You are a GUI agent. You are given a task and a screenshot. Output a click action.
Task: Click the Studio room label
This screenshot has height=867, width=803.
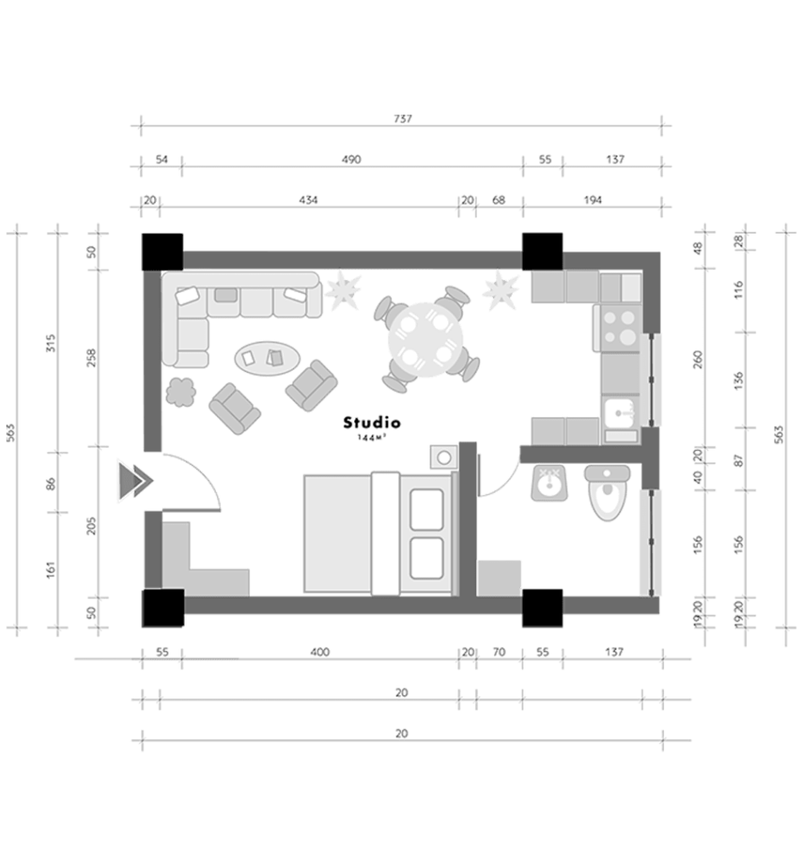372,423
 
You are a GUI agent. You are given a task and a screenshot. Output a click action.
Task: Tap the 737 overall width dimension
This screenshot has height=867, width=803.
402,119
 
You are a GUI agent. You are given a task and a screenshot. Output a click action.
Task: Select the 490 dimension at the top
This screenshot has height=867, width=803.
352,159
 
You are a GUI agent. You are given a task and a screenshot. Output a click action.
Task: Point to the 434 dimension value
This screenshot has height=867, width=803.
308,200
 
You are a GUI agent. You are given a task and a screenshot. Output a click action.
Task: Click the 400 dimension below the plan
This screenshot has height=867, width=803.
319,652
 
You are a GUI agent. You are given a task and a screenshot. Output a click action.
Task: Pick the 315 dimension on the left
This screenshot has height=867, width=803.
50,344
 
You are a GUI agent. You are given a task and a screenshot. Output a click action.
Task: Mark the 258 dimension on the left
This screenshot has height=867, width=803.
91,358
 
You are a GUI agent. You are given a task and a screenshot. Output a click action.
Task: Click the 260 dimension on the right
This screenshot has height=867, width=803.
698,359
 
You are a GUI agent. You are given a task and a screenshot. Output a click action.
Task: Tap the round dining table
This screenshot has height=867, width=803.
424,340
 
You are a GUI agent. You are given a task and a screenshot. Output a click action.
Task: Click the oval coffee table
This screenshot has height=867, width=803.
267,358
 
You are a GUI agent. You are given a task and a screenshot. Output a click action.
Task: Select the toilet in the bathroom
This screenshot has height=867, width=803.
607,492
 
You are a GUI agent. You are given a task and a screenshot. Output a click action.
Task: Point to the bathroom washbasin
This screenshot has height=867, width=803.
549,483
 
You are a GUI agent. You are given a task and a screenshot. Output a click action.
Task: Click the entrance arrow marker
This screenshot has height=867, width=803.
135,480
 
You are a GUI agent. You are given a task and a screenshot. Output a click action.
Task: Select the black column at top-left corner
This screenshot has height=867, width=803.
163,251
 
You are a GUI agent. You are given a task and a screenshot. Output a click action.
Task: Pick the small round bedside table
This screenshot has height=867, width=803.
444,457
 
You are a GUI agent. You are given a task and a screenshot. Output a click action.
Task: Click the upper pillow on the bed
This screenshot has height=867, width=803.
427,510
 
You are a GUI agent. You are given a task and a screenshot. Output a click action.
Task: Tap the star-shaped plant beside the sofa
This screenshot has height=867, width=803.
343,290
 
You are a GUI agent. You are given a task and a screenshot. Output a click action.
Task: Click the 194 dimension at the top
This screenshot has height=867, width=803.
593,200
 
